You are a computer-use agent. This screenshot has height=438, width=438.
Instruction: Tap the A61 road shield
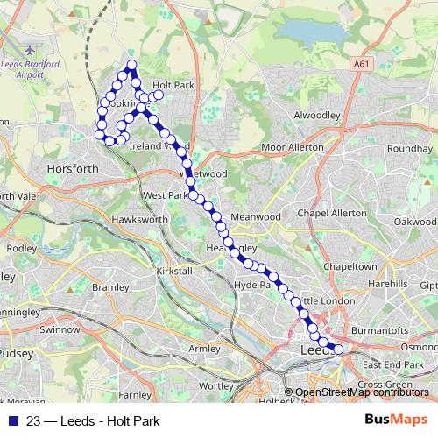(363, 64)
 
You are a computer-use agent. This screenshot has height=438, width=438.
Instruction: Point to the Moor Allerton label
(293, 147)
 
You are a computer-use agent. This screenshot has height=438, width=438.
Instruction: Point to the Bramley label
(110, 286)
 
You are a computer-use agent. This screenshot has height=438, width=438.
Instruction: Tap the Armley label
(205, 349)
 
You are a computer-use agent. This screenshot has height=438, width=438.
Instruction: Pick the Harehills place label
(388, 285)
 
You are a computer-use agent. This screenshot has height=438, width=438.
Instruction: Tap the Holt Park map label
(172, 85)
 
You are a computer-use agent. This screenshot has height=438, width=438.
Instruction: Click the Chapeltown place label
(350, 265)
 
